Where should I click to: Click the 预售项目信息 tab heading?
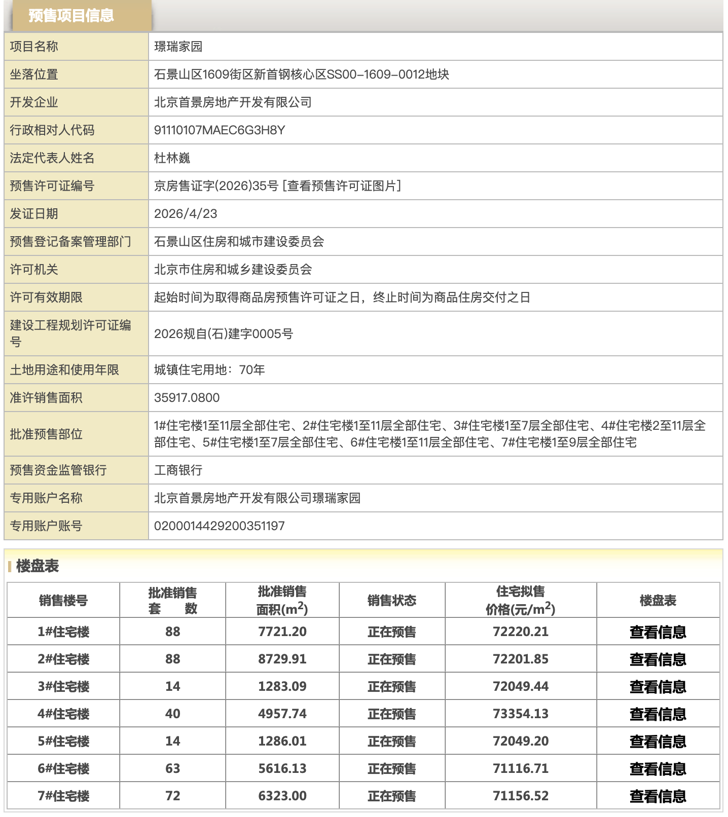pos(71,16)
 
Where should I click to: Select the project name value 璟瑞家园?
pos(178,47)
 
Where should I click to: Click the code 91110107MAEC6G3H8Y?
pos(219,130)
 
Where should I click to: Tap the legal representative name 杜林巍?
pos(172,158)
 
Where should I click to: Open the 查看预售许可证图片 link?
pos(343,186)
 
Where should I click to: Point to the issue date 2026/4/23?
pos(186,214)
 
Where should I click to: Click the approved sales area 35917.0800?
pos(187,398)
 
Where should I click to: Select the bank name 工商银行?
pos(178,470)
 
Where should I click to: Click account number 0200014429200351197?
pos(219,526)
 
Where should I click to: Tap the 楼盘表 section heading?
pos(38,566)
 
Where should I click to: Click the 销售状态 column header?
pos(391,601)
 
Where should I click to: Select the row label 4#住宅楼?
pos(63,714)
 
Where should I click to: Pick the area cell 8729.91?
pos(282,659)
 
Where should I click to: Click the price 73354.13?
pos(520,714)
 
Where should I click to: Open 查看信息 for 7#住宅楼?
pos(658,796)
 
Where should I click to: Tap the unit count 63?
pos(172,769)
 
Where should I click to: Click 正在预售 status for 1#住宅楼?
pos(391,632)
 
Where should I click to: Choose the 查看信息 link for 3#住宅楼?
pos(658,687)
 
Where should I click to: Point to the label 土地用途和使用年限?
pos(64,370)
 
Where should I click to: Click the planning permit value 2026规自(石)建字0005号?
pos(223,334)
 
